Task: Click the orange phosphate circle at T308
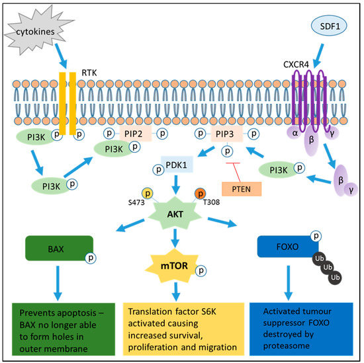pyautogui.click(x=199, y=193)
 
